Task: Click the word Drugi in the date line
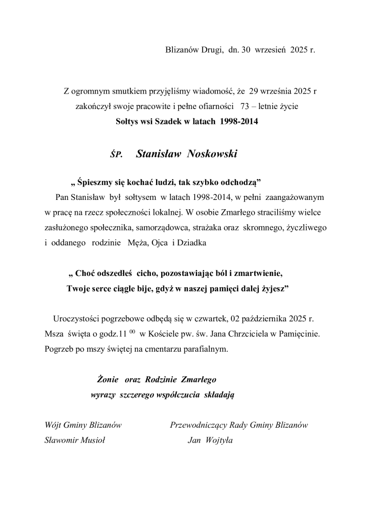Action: (x=211, y=51)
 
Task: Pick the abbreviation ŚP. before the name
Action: (x=116, y=154)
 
